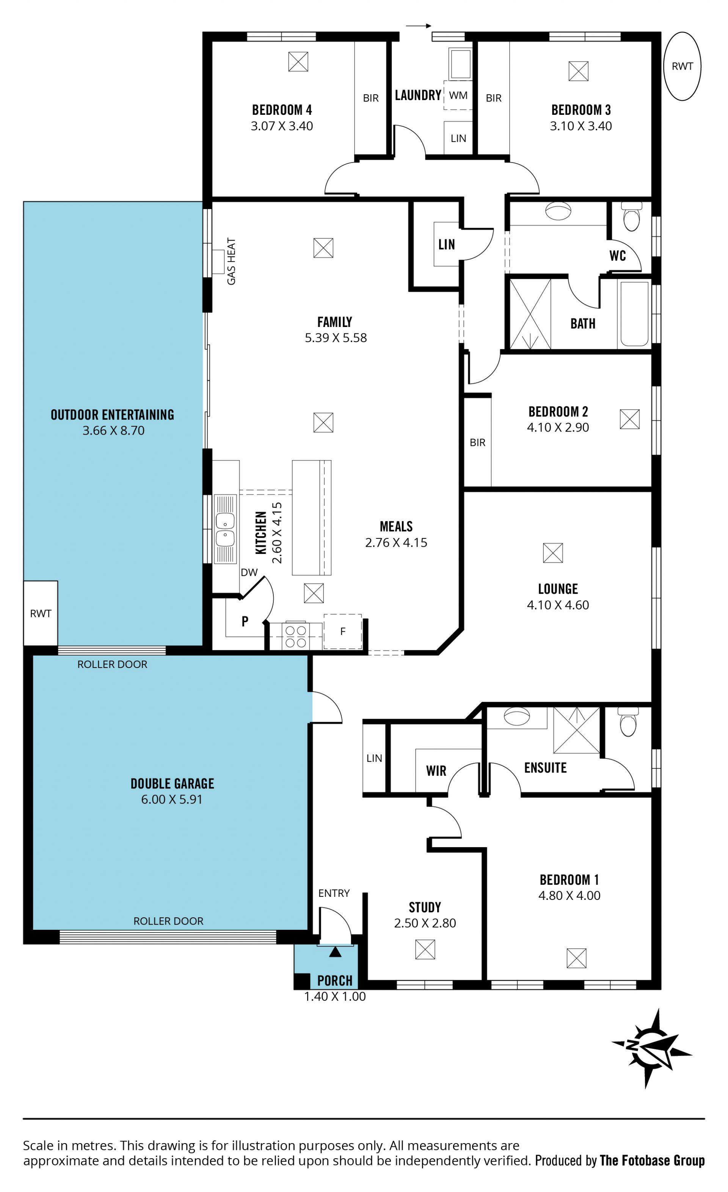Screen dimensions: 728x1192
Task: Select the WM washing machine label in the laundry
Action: coord(458,95)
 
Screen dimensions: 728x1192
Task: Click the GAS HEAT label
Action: coord(231,261)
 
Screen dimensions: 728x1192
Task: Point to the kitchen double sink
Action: coord(225,529)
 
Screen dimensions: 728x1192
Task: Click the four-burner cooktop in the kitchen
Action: coord(295,636)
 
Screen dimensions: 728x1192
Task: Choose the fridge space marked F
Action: coord(343,631)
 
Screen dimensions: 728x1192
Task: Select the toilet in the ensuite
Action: coord(628,722)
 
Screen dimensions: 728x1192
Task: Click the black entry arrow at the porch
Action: coord(335,952)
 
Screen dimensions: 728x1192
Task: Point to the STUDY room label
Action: coord(425,907)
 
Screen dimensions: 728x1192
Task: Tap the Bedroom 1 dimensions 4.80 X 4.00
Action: coord(569,895)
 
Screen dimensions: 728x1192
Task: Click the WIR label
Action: coord(436,771)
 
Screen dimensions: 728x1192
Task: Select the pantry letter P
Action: coord(245,622)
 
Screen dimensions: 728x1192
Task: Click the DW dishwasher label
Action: coord(249,572)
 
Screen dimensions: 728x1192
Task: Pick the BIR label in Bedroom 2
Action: coord(477,443)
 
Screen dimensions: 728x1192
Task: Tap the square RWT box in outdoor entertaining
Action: coord(41,613)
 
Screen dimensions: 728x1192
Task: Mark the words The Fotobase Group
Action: coord(652,1161)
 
